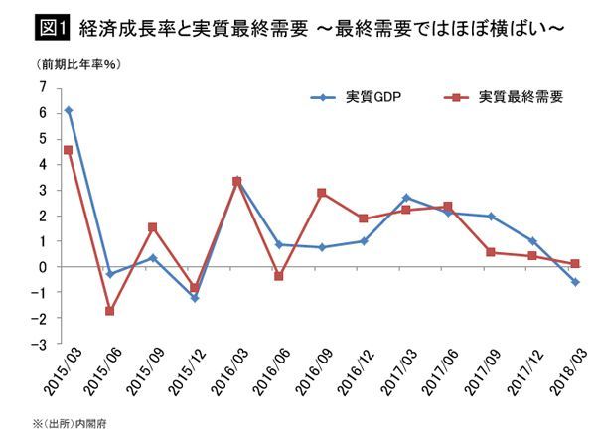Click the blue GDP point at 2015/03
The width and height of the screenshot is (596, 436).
point(68,110)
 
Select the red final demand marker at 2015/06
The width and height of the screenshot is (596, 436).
point(110,311)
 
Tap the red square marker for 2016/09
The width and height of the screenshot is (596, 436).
point(322,193)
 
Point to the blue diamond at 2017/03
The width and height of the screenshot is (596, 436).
point(407,198)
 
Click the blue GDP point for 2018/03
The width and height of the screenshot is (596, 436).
point(576,282)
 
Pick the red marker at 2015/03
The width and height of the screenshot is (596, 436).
point(68,150)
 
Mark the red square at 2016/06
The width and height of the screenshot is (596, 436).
point(280,276)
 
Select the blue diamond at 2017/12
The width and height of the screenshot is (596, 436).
point(533,241)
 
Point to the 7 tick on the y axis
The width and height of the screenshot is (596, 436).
point(42,87)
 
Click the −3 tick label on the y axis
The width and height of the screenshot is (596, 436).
point(39,343)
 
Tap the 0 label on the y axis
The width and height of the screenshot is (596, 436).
point(42,267)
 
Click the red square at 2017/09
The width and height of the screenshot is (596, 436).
point(492,252)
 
